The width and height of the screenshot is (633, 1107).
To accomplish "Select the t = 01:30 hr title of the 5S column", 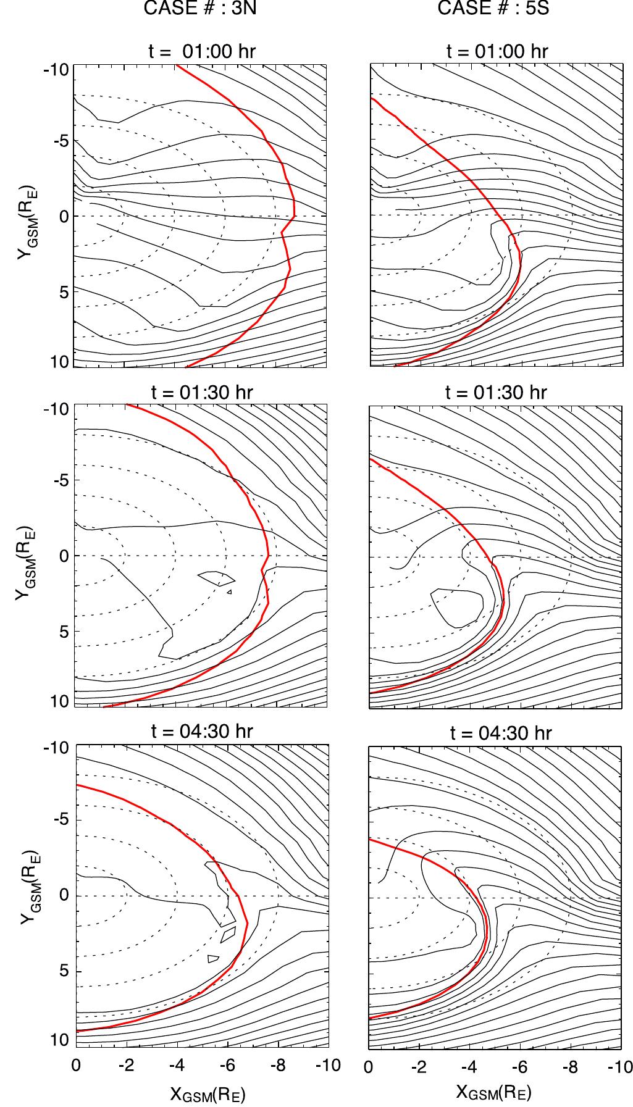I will [x=496, y=392].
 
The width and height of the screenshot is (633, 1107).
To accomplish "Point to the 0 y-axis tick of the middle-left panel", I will [x=63, y=556].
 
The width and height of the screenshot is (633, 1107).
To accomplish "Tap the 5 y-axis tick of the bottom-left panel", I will [x=63, y=971].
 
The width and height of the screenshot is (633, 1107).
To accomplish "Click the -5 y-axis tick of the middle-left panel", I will [x=59, y=480].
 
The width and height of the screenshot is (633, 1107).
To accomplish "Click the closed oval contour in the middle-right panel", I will [x=458, y=608].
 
